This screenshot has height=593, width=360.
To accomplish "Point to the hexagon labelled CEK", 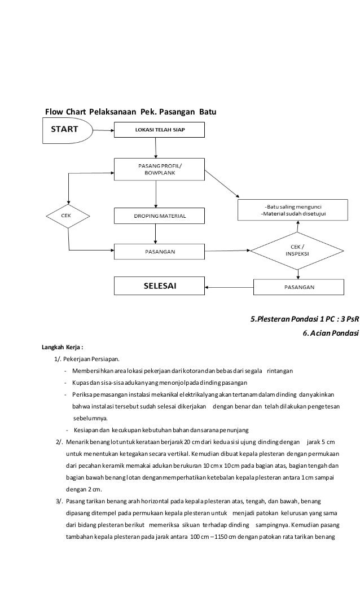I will (66, 216).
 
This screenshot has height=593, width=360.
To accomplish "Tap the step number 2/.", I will (59, 441).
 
